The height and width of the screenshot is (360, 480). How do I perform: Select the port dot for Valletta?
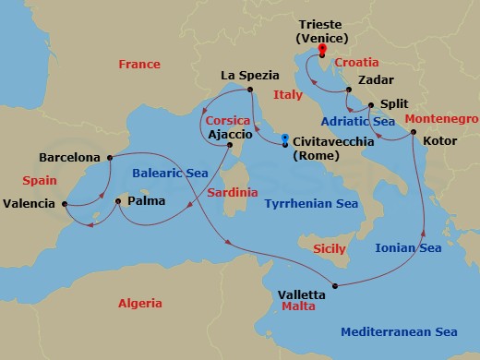335,285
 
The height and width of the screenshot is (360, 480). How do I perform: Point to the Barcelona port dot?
110,156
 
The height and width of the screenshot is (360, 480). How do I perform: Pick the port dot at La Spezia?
249,90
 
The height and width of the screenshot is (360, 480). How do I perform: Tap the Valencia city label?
30,203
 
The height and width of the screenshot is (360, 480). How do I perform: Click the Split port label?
392,105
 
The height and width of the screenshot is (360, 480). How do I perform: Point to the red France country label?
139,64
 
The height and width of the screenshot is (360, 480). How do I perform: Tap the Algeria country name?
139,304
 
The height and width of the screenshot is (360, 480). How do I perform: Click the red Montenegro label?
440,120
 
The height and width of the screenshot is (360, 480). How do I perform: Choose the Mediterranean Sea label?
399,331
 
